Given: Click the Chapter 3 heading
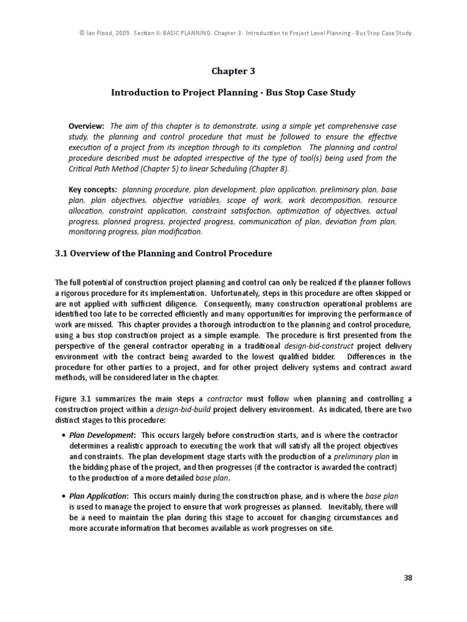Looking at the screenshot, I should tap(233, 71).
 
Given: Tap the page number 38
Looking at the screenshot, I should tap(408, 578).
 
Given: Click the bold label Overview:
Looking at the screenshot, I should tap(86, 126).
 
